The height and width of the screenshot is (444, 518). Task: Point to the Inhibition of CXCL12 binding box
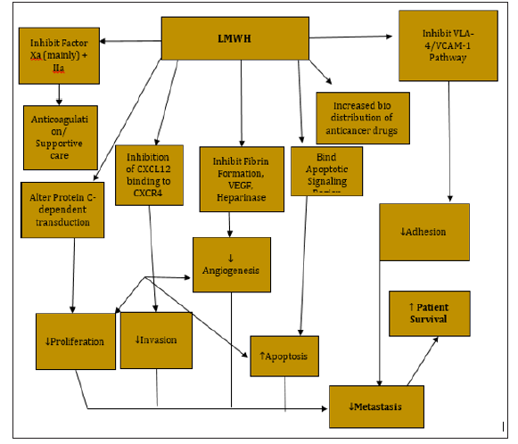148,174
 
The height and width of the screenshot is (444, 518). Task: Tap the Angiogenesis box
230,264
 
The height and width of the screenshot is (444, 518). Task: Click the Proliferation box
76,341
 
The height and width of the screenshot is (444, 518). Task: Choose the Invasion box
155,340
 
